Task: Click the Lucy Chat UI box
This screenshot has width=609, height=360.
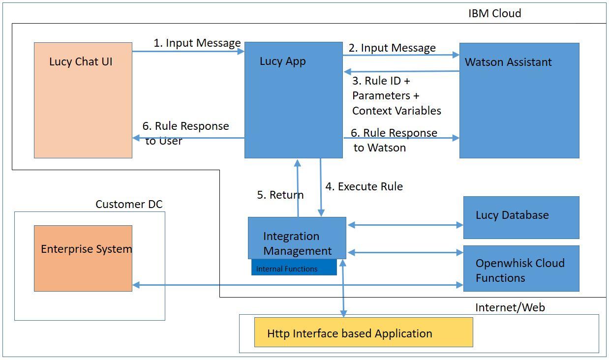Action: click(x=83, y=100)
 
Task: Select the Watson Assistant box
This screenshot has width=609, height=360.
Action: click(x=519, y=100)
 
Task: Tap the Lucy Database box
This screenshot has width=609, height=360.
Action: click(x=521, y=217)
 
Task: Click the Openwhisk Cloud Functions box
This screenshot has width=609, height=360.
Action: click(x=521, y=269)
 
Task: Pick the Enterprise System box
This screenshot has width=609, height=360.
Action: click(x=83, y=258)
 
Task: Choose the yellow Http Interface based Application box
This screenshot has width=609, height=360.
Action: click(x=363, y=332)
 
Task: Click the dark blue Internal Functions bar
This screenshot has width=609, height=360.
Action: click(x=294, y=268)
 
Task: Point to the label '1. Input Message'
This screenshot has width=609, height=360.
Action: click(x=197, y=43)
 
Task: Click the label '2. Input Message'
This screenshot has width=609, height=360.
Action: click(x=392, y=48)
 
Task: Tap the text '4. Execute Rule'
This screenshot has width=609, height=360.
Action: click(x=364, y=186)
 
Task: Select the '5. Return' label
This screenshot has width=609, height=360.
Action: click(x=280, y=195)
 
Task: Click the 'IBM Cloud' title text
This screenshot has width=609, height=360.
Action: click(x=494, y=13)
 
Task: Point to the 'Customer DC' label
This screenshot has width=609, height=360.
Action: click(x=129, y=204)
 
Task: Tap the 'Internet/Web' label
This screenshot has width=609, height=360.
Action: click(x=510, y=307)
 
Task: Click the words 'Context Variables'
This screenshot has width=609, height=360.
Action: click(x=396, y=111)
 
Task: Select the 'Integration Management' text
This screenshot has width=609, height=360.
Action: click(x=297, y=243)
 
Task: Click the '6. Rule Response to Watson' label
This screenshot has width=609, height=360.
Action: click(x=394, y=140)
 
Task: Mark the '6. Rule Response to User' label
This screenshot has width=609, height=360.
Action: click(x=185, y=133)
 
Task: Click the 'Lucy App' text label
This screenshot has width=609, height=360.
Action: click(x=282, y=61)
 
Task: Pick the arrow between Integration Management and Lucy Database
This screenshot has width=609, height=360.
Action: click(x=405, y=225)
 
